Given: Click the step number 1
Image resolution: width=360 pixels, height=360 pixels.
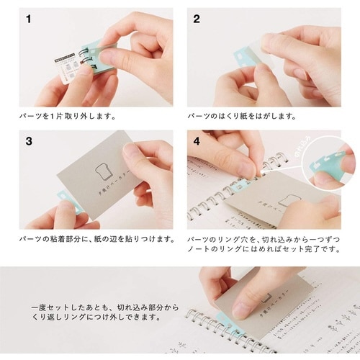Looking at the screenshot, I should click(27, 19).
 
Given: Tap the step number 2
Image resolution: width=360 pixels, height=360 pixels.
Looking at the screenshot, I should click(197, 19).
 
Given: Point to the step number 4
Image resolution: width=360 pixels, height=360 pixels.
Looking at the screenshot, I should click(197, 141).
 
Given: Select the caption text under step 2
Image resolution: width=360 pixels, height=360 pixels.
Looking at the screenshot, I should click(237, 115).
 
